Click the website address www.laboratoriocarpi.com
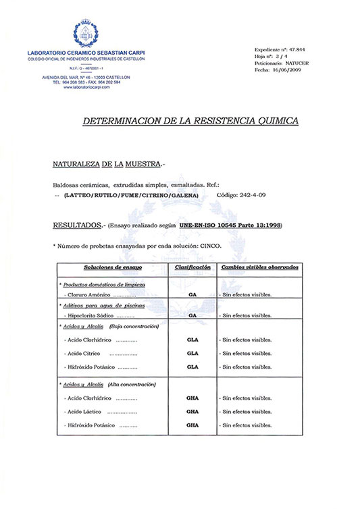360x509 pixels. pyautogui.click(x=86, y=87)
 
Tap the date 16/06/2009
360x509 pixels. pyautogui.click(x=289, y=70)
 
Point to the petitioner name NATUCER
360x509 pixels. pyautogui.click(x=297, y=63)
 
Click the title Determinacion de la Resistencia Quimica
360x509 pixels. pyautogui.click(x=189, y=122)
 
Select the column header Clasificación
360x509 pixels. pyautogui.click(x=192, y=267)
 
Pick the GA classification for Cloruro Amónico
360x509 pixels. pyautogui.click(x=192, y=296)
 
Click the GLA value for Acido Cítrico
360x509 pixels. pyautogui.click(x=192, y=353)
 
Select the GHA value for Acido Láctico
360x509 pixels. pyautogui.click(x=192, y=411)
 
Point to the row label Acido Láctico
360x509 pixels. pyautogui.click(x=84, y=411)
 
